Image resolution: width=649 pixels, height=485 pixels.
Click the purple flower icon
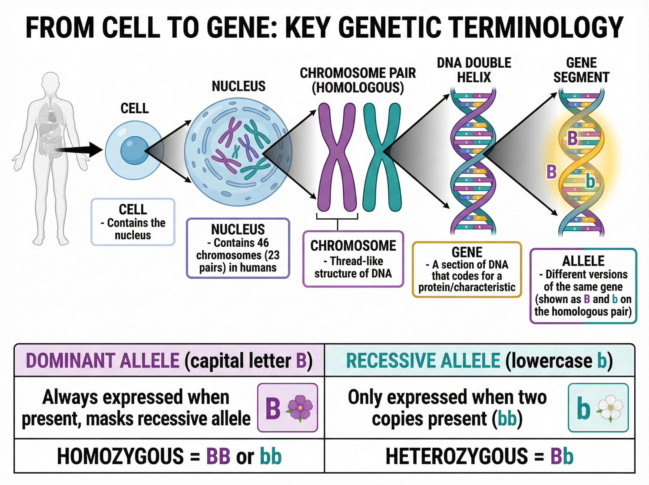point(300,408)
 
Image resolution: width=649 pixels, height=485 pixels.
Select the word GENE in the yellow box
point(467,252)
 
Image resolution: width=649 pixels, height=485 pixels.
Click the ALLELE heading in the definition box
point(583,261)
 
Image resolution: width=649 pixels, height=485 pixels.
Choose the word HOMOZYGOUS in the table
point(120,456)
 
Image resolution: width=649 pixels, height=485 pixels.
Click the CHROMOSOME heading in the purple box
point(353,246)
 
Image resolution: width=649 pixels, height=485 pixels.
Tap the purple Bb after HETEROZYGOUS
point(562,456)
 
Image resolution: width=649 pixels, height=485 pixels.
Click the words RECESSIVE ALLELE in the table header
point(423,361)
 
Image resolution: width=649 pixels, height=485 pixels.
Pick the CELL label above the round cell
point(135,108)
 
